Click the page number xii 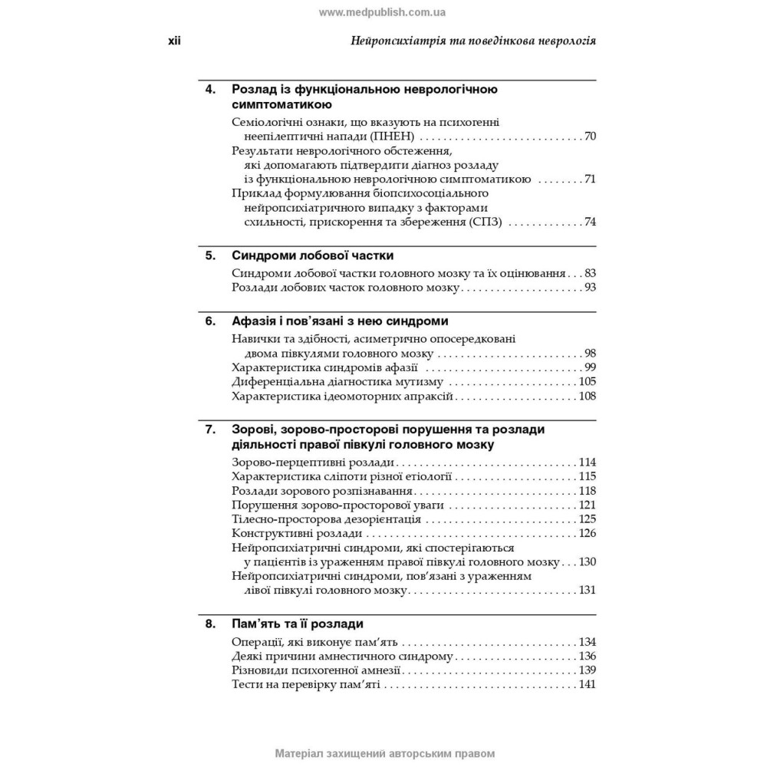tap(174, 41)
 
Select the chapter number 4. tap(210, 89)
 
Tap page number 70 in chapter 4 tap(590, 137)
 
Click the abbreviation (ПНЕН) tap(389, 137)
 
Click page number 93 tap(590, 288)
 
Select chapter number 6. tap(210, 321)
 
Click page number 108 tap(588, 396)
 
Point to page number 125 tap(588, 519)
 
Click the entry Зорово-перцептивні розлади tap(313, 462)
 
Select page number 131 tap(588, 591)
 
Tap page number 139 tap(588, 670)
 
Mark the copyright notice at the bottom tap(383, 753)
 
